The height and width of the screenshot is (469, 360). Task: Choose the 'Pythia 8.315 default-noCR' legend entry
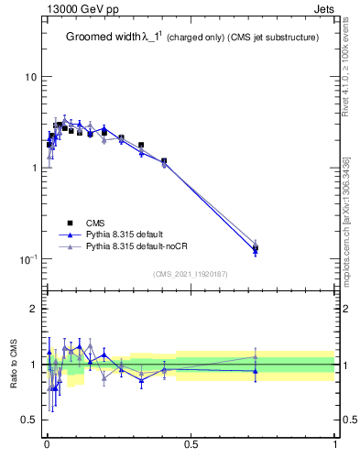[138, 246]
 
